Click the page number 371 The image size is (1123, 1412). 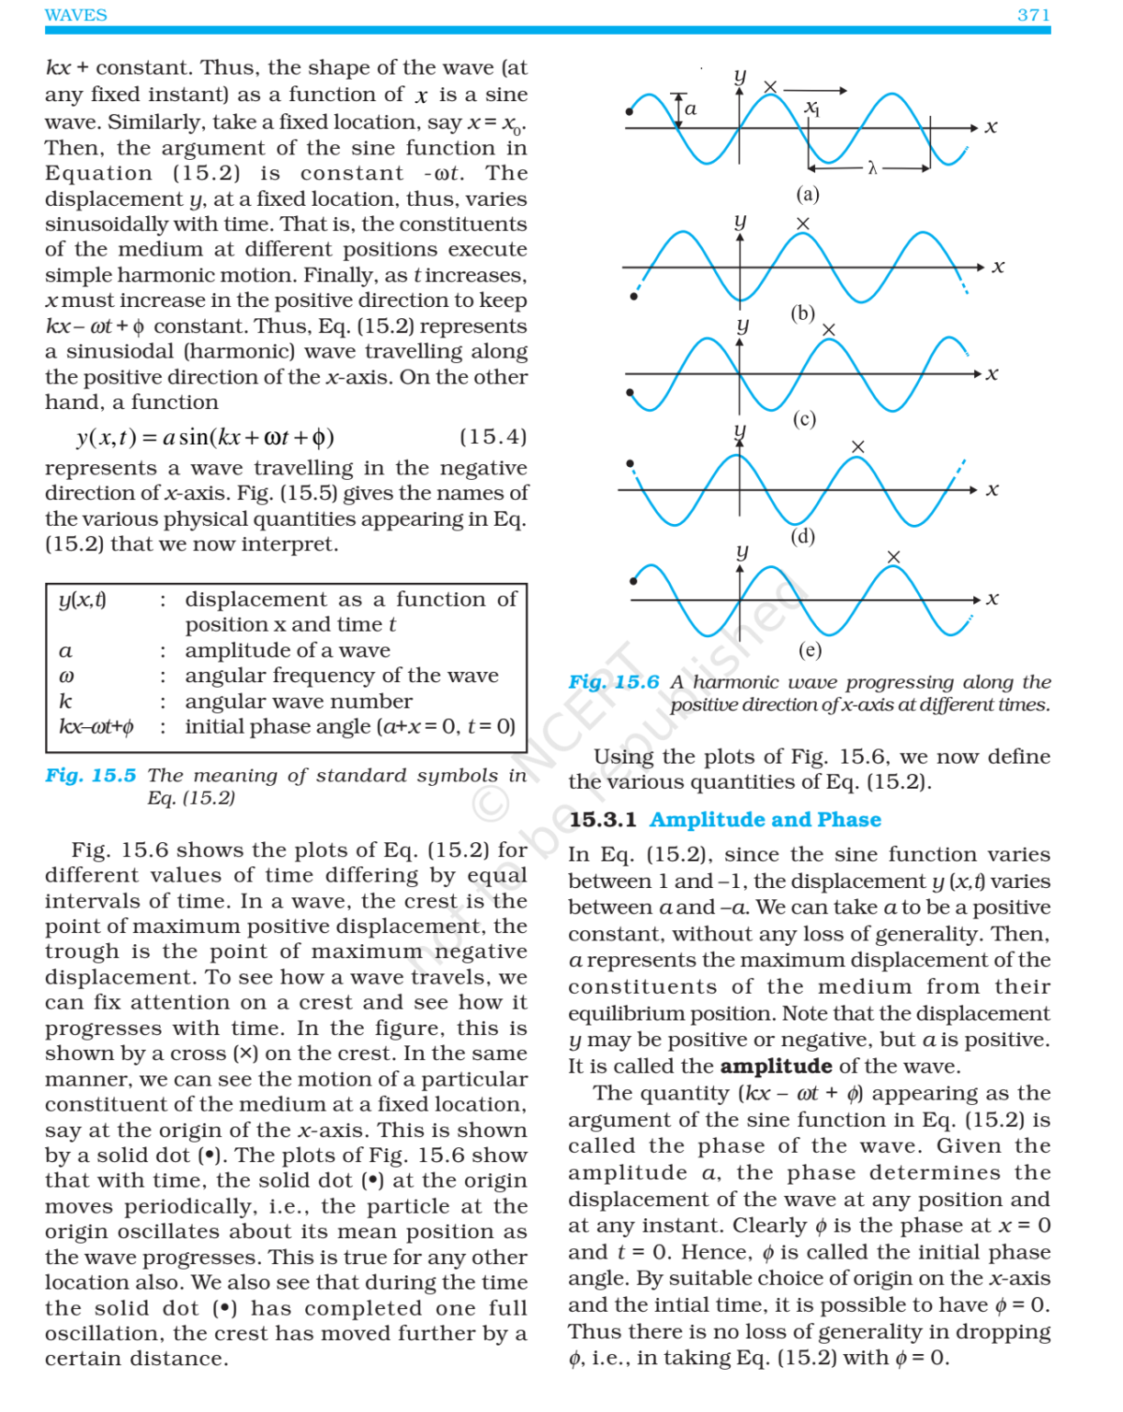click(1033, 15)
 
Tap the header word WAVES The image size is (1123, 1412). click(75, 15)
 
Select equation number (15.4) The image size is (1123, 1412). click(493, 437)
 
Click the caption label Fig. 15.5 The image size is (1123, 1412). click(90, 775)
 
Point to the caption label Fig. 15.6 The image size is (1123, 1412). click(613, 682)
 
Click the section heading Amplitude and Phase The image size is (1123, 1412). click(765, 819)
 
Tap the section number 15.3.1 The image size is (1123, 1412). click(602, 819)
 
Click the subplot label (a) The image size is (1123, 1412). click(807, 194)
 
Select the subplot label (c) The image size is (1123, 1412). click(804, 419)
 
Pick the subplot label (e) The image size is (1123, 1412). click(810, 650)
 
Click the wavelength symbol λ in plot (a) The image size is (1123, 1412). click(872, 168)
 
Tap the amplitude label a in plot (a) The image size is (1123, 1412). click(691, 109)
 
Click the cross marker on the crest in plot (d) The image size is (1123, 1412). click(857, 447)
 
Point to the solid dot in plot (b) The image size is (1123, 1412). click(633, 296)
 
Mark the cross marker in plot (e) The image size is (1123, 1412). click(893, 557)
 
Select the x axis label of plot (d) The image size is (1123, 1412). click(992, 489)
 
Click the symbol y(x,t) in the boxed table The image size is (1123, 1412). click(82, 599)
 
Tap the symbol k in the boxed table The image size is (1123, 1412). click(65, 701)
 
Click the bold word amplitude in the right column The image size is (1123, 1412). click(776, 1066)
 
